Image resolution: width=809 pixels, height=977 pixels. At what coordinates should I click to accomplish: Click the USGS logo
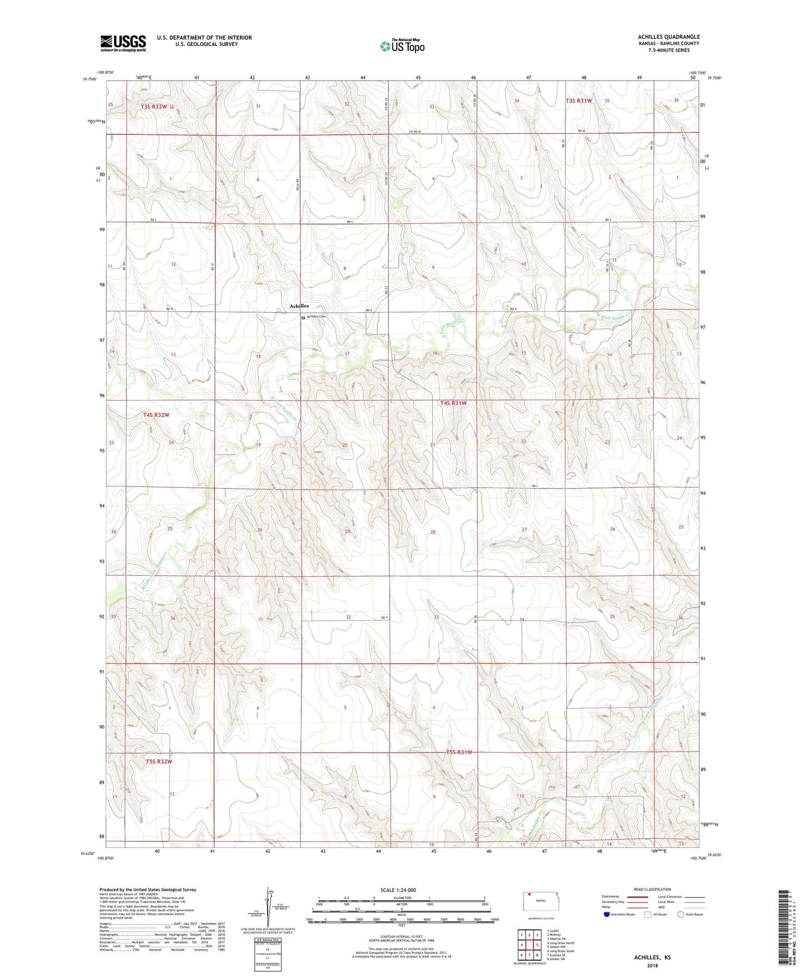point(123,43)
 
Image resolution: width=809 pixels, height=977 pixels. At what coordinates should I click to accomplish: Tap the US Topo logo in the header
point(402,45)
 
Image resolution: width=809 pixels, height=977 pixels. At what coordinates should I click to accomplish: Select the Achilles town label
point(299,306)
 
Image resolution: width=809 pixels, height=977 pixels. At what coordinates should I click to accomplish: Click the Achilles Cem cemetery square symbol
point(303,318)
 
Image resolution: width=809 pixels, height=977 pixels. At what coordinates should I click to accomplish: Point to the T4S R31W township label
point(453,403)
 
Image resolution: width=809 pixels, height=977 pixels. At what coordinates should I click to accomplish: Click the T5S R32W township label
point(158,762)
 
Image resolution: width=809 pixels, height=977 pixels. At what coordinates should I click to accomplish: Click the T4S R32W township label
point(156,415)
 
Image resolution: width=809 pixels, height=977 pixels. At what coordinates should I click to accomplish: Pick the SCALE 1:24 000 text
point(398,890)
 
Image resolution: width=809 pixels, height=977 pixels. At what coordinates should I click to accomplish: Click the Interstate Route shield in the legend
point(607,914)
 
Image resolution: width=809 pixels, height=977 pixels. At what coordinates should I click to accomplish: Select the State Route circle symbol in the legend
point(681,914)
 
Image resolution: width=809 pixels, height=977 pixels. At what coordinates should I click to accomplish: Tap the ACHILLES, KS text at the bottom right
point(652,957)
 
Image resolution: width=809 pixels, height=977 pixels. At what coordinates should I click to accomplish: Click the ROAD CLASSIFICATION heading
point(652,889)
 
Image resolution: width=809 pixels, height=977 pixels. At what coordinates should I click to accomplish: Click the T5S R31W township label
point(456,752)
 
